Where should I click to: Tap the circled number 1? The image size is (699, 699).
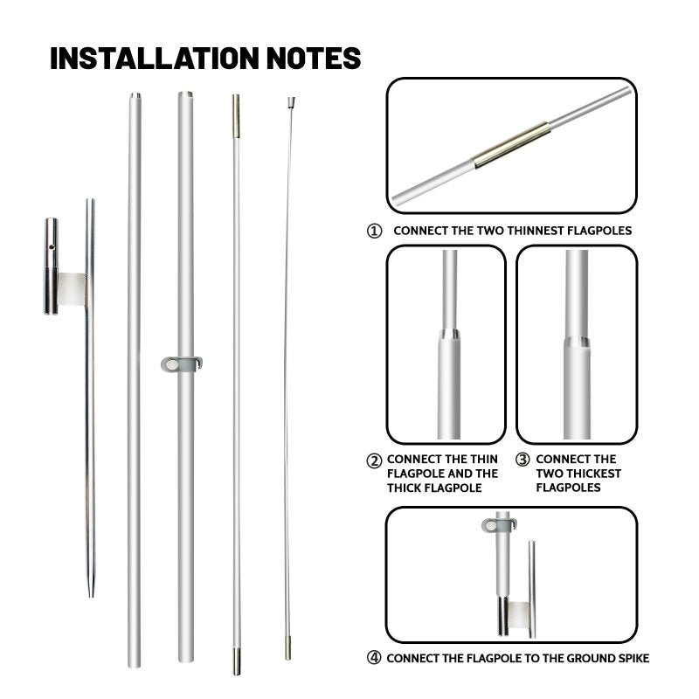coord(374,231)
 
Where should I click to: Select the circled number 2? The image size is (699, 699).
coord(374,460)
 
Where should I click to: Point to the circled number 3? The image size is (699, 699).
coord(523,460)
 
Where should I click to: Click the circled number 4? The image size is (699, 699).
coord(374,658)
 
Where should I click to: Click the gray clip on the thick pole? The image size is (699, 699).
coord(181,362)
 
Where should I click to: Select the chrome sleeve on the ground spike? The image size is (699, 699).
coord(52,266)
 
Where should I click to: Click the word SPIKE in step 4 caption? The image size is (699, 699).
coord(629,658)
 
